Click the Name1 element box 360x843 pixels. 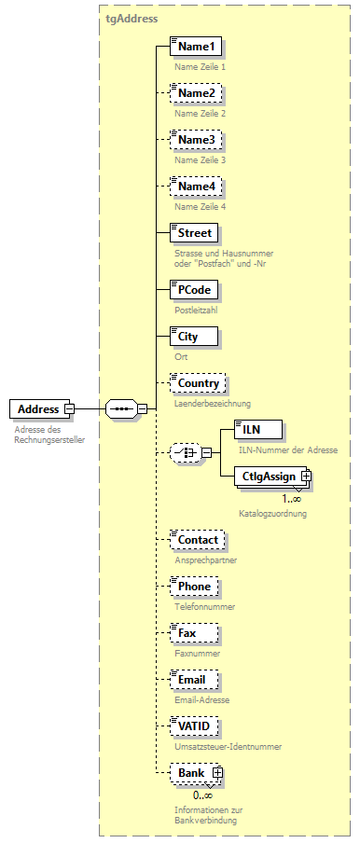coord(197,46)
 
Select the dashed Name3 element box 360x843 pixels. coord(197,140)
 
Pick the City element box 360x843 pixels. coord(187,336)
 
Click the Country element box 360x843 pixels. coord(198,382)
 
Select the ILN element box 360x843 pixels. coord(251,429)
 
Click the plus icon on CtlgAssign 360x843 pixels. coord(305,477)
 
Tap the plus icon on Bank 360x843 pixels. coord(216,773)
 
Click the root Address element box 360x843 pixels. coord(39,408)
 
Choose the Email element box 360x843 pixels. coord(192,680)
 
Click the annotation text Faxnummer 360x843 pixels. coord(197,654)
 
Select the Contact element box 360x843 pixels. coord(198,540)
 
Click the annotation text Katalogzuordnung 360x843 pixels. coord(272,513)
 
